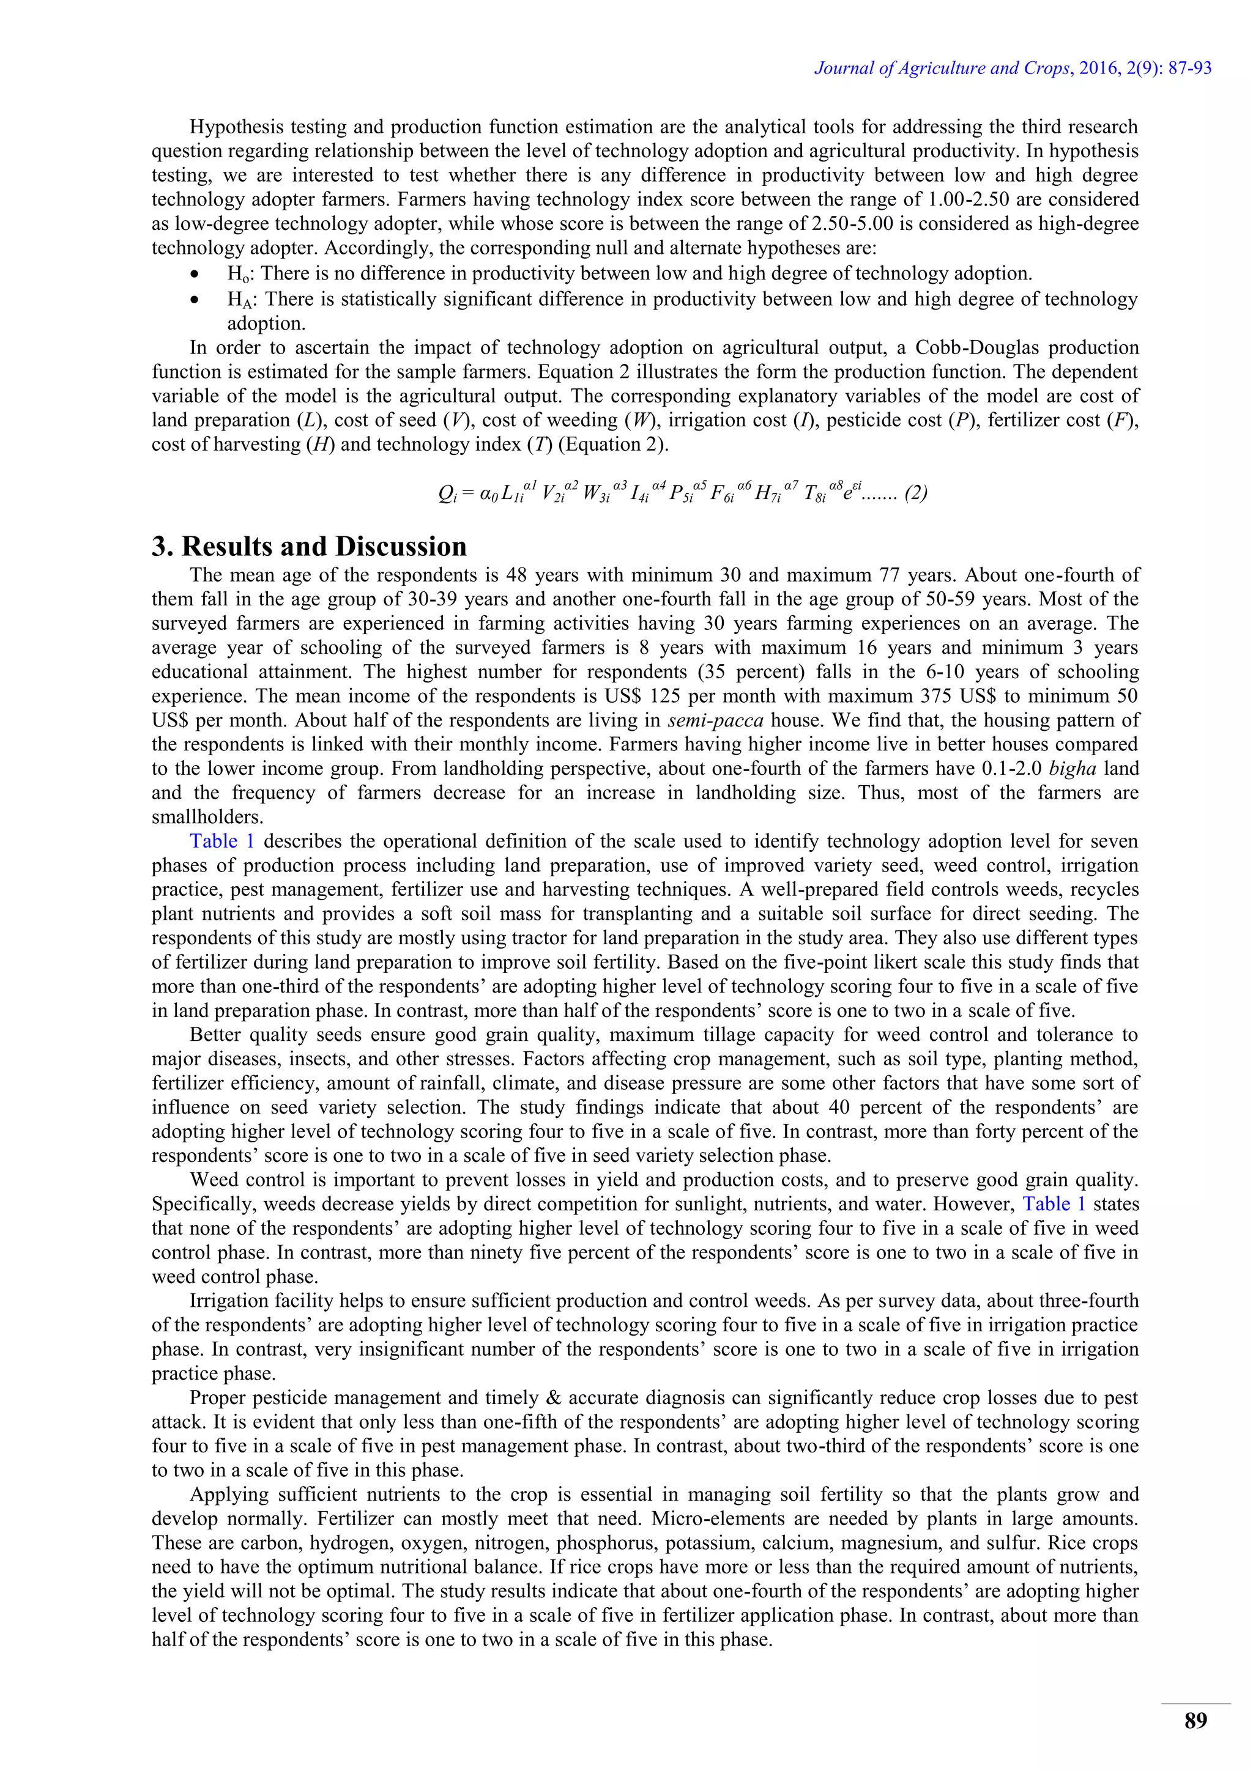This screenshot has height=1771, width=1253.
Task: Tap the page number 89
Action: [x=1195, y=1721]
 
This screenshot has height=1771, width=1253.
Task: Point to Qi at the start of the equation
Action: [x=447, y=494]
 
